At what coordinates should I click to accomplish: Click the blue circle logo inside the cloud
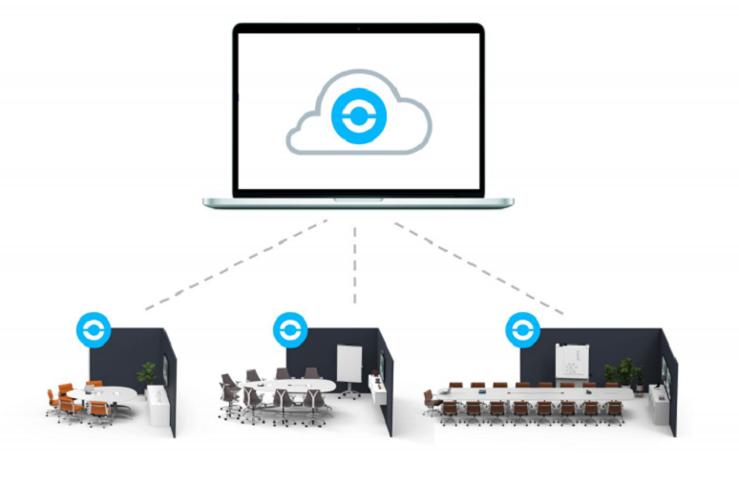357,117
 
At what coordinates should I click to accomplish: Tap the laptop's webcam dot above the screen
358,30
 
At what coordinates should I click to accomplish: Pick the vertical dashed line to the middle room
355,263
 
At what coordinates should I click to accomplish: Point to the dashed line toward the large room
477,267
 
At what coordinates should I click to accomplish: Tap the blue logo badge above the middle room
288,329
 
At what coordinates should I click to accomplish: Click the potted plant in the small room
148,372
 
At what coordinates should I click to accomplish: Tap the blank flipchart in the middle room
349,364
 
